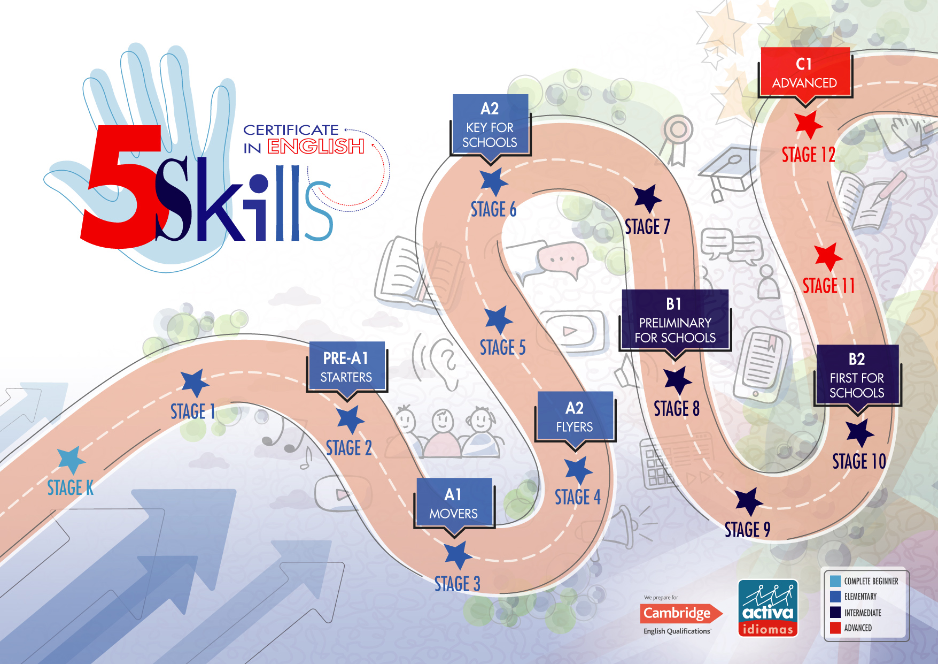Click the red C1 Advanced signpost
[x=804, y=72]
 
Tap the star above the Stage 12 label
[x=808, y=124]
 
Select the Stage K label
[x=70, y=488]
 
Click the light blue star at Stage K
[x=71, y=460]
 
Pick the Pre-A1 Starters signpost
[x=346, y=367]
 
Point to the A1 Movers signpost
[x=453, y=503]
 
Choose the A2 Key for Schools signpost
[x=490, y=125]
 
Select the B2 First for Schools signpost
[x=857, y=376]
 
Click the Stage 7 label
[x=647, y=227]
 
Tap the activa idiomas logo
[x=768, y=608]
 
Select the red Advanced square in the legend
[x=835, y=628]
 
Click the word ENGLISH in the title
[x=315, y=147]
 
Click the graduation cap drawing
[x=728, y=171]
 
